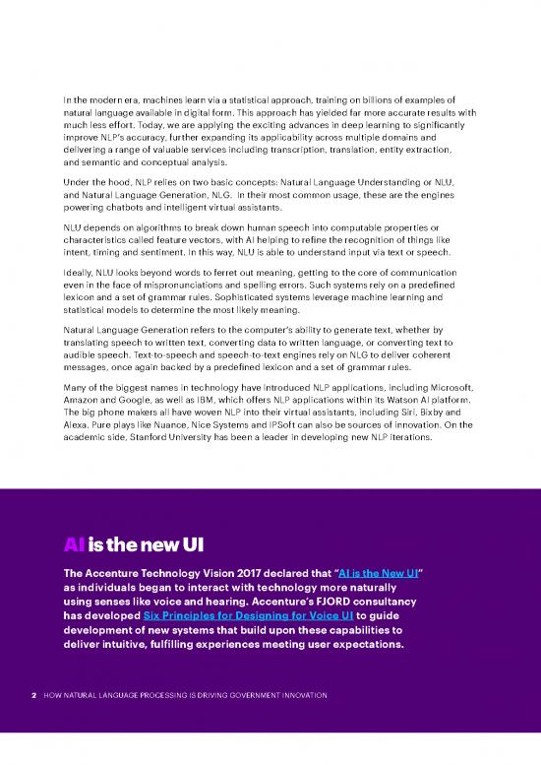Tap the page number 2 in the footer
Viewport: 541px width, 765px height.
coord(33,696)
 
